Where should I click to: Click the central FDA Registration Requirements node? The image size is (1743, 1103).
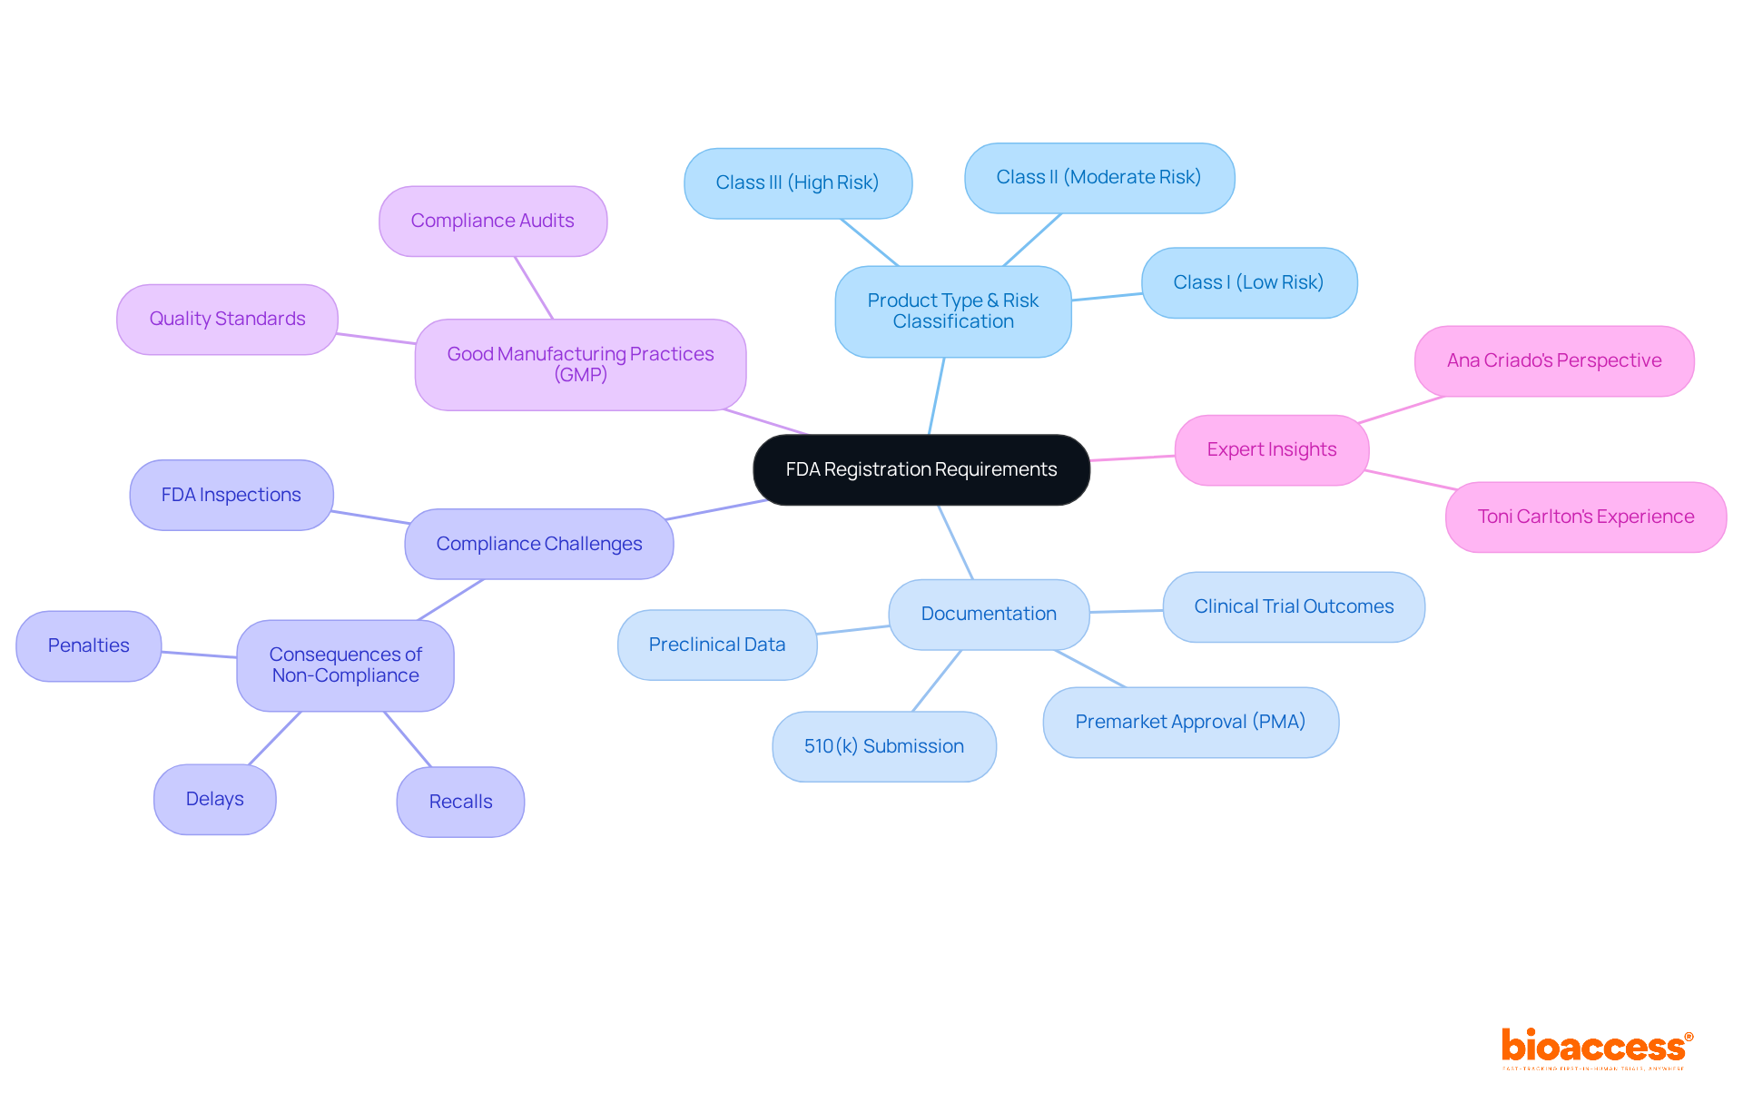pyautogui.click(x=921, y=469)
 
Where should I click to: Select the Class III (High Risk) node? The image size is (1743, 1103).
pyautogui.click(x=797, y=183)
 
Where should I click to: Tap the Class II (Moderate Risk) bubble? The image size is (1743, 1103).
pyautogui.click(x=1098, y=178)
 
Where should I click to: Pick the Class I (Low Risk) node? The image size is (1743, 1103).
pyautogui.click(x=1248, y=283)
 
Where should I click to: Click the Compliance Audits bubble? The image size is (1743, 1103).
pyautogui.click(x=492, y=222)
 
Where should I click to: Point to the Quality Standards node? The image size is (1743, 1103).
pyautogui.click(x=227, y=320)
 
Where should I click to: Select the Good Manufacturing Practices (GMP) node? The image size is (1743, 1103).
pyautogui.click(x=580, y=364)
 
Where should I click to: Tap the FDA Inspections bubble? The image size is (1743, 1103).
pyautogui.click(x=231, y=495)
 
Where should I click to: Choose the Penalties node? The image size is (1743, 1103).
pyautogui.click(x=88, y=645)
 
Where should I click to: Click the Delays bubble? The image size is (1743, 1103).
pyautogui.click(x=214, y=799)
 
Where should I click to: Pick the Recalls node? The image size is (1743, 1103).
pyautogui.click(x=460, y=802)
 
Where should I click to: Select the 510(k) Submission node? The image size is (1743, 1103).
pyautogui.click(x=883, y=746)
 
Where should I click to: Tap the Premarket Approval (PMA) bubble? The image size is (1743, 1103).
pyautogui.click(x=1190, y=722)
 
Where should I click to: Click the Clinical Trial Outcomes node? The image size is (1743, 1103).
pyautogui.click(x=1293, y=606)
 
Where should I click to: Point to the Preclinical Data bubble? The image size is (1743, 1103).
pyautogui.click(x=716, y=645)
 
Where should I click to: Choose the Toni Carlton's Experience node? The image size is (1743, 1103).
pyautogui.click(x=1585, y=517)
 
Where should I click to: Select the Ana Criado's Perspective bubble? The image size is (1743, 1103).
pyautogui.click(x=1553, y=361)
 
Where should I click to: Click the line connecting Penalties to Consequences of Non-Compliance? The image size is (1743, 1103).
pyautogui.click(x=199, y=655)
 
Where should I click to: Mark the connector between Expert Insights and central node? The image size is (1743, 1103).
pyautogui.click(x=1132, y=458)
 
